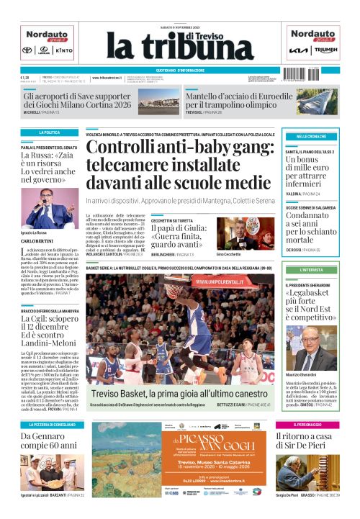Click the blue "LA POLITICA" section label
(x=49, y=133)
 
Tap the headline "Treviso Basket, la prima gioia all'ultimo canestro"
(x=177, y=394)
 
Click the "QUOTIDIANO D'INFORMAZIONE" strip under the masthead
(x=180, y=70)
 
